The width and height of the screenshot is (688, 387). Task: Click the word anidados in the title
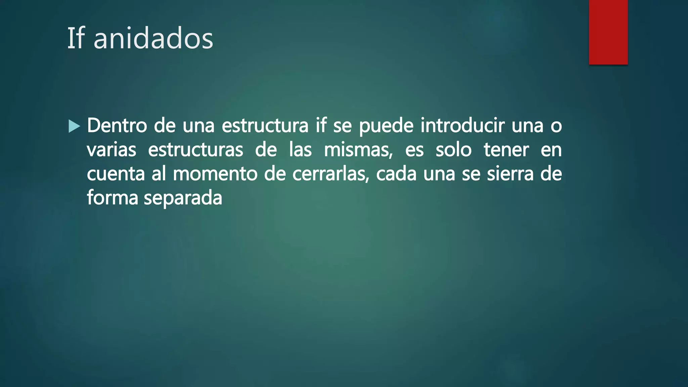pyautogui.click(x=153, y=39)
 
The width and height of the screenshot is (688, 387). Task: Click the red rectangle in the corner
pyautogui.click(x=608, y=32)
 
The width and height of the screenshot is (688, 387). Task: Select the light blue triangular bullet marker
pyautogui.click(x=74, y=126)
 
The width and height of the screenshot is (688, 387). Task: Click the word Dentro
pyautogui.click(x=117, y=125)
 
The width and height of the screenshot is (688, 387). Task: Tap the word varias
pyautogui.click(x=112, y=150)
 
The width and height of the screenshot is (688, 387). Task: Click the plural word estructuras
pyautogui.click(x=196, y=150)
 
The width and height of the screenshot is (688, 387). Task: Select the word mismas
pyautogui.click(x=358, y=150)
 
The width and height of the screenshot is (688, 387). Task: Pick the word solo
pyautogui.click(x=454, y=150)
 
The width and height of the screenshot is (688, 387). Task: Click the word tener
pyautogui.click(x=506, y=150)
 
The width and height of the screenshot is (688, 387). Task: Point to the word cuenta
pyautogui.click(x=116, y=174)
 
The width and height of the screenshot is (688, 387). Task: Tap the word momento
pyautogui.click(x=215, y=174)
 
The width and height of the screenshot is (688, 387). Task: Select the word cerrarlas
pyautogui.click(x=331, y=174)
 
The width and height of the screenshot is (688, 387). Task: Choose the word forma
pyautogui.click(x=112, y=198)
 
